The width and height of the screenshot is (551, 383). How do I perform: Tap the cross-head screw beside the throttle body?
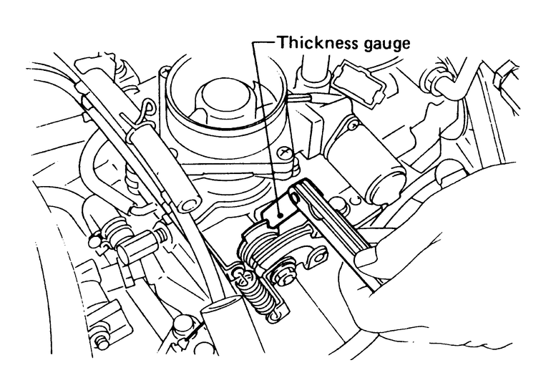click(285, 152)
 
